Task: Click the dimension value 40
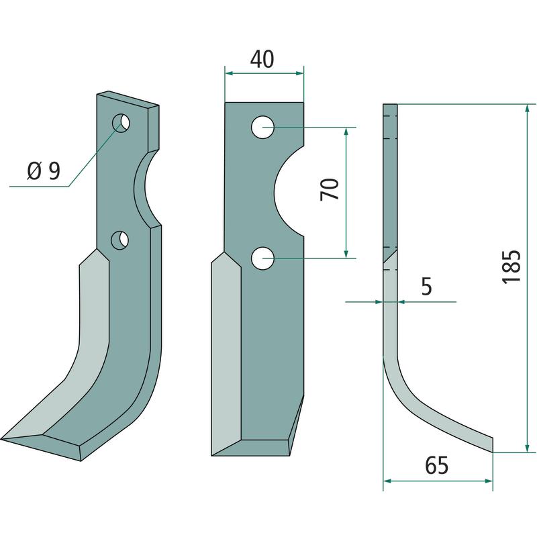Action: tap(262, 59)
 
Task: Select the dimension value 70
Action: tap(330, 189)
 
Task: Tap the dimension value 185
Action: tap(511, 266)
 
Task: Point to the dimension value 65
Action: tap(437, 465)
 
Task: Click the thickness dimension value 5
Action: tap(426, 287)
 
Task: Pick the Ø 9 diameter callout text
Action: tap(44, 170)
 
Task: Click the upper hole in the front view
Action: tap(262, 128)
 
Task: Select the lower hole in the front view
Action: tap(262, 258)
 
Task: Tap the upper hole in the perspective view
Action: tap(121, 124)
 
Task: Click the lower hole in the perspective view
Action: tap(120, 240)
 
